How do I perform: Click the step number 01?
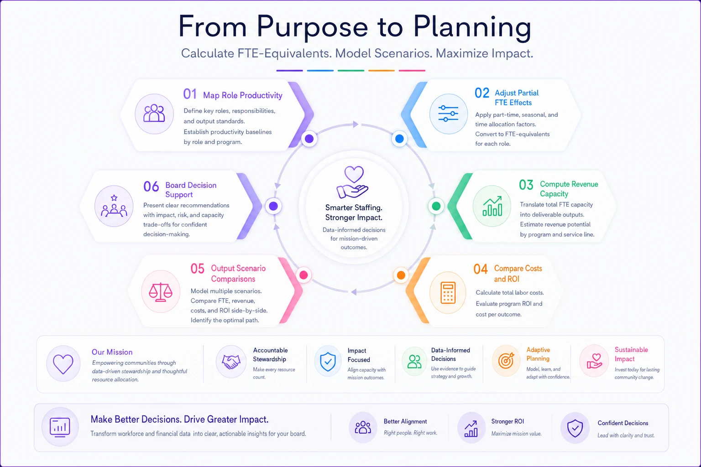tap(190, 94)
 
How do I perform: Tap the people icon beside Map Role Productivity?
tap(154, 113)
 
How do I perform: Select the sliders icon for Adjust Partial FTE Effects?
tap(448, 114)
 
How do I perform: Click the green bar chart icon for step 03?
tap(492, 206)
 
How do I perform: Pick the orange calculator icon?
tap(448, 293)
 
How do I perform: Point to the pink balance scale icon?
tap(161, 292)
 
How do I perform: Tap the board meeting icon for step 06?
tap(114, 206)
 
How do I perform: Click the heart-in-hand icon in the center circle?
tap(353, 182)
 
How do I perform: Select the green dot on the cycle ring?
tap(436, 206)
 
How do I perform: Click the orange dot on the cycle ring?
tap(401, 275)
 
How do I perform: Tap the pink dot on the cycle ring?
tap(303, 275)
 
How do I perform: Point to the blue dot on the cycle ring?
tap(399, 139)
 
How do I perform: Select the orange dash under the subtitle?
tap(381, 71)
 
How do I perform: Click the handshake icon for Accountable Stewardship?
tap(231, 362)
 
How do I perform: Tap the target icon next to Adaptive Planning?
tap(506, 361)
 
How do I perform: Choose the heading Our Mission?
tap(112, 352)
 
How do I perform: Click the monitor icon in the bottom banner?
tap(60, 427)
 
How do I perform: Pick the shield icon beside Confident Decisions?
tap(575, 428)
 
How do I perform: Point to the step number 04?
tap(481, 269)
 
